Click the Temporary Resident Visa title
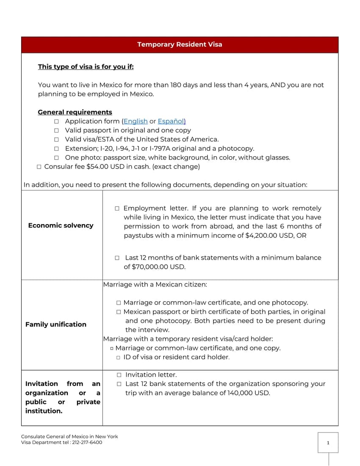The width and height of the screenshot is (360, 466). (x=180, y=44)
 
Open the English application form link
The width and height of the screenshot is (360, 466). (x=136, y=122)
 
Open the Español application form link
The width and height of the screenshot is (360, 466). (x=172, y=122)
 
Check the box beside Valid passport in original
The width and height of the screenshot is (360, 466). (x=56, y=130)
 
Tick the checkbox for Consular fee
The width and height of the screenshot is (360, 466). (x=39, y=167)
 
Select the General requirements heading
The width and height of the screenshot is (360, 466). (x=75, y=112)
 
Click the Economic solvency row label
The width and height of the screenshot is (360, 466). (x=61, y=225)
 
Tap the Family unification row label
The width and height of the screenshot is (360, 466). (x=55, y=325)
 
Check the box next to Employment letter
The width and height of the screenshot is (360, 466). (x=117, y=208)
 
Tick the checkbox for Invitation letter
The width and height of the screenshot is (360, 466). (x=119, y=375)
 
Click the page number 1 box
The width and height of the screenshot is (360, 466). (x=328, y=443)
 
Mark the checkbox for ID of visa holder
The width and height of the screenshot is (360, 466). (x=118, y=358)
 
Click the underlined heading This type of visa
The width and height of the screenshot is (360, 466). (x=86, y=67)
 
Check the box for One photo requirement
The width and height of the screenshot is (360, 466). (x=56, y=158)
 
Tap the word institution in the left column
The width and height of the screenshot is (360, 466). (x=44, y=411)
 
